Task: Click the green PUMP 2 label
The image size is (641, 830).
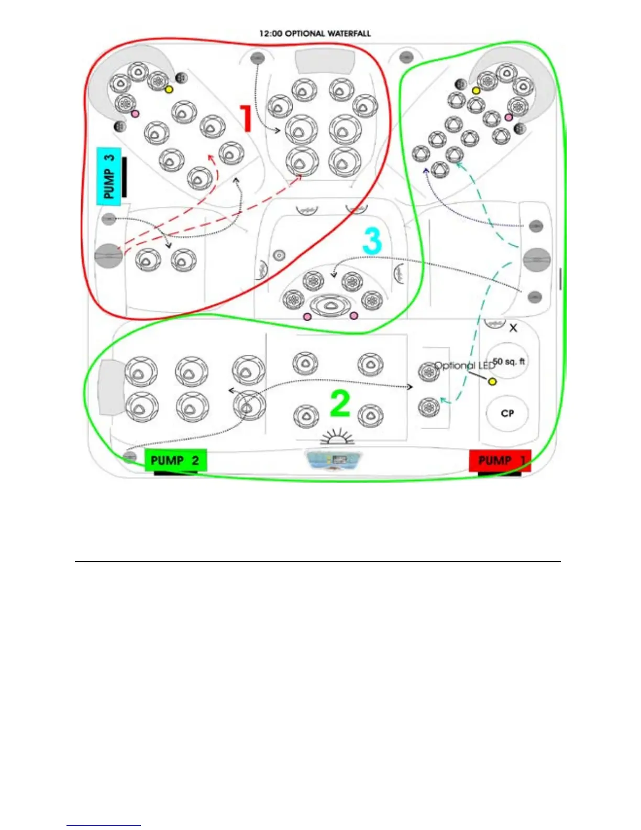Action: point(175,461)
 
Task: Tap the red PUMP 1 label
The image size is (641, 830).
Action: point(500,461)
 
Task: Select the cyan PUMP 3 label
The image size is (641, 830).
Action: point(109,176)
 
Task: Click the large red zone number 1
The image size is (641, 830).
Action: point(245,118)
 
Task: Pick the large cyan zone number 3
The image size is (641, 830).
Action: point(372,241)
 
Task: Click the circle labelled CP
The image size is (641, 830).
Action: point(507,413)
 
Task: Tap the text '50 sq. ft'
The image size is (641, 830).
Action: point(509,362)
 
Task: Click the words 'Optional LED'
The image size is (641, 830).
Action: point(464,365)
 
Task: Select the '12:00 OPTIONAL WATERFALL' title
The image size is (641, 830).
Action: point(315,34)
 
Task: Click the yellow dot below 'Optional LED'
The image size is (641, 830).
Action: point(492,381)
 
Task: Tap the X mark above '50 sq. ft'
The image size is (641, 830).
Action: point(513,328)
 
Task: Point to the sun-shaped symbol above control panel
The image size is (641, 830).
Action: point(337,438)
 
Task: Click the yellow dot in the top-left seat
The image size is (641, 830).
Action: point(169,89)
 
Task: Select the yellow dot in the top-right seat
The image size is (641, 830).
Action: point(476,91)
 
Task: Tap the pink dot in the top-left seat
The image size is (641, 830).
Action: point(135,114)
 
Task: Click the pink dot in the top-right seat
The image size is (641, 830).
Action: point(509,117)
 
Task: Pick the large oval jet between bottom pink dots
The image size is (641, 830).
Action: point(330,306)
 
